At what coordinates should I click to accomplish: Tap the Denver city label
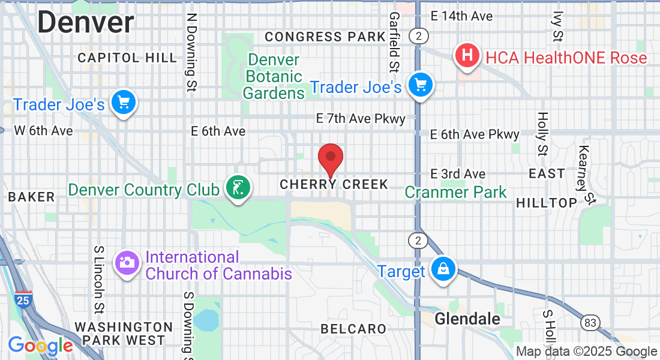(x=86, y=23)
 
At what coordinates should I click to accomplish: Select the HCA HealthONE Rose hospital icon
(x=468, y=56)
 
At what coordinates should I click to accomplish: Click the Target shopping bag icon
(x=443, y=270)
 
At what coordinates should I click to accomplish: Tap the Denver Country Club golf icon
(x=238, y=188)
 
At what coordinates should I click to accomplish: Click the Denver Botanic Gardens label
(x=273, y=77)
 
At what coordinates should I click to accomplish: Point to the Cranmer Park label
(x=455, y=192)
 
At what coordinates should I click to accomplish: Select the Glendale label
(x=467, y=319)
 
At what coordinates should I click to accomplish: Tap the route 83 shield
(x=590, y=323)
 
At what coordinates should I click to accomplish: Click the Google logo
(x=40, y=346)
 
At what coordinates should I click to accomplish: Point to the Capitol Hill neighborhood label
(x=127, y=58)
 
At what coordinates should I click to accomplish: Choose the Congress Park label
(x=325, y=37)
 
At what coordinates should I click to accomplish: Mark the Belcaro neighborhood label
(x=353, y=329)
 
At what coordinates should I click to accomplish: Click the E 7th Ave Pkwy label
(x=361, y=119)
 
